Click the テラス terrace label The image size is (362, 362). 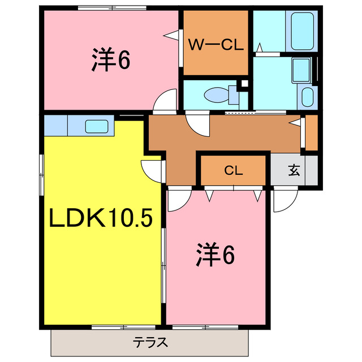pyautogui.click(x=150, y=343)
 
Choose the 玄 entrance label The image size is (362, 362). pyautogui.click(x=294, y=170)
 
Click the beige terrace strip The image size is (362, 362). pyautogui.click(x=85, y=343)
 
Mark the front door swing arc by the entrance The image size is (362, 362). pyautogui.click(x=285, y=201)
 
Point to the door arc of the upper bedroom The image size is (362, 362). pyautogui.click(x=166, y=101)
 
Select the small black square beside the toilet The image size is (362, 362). pyautogui.click(x=244, y=84)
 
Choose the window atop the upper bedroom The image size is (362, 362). pyautogui.click(x=112, y=7)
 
